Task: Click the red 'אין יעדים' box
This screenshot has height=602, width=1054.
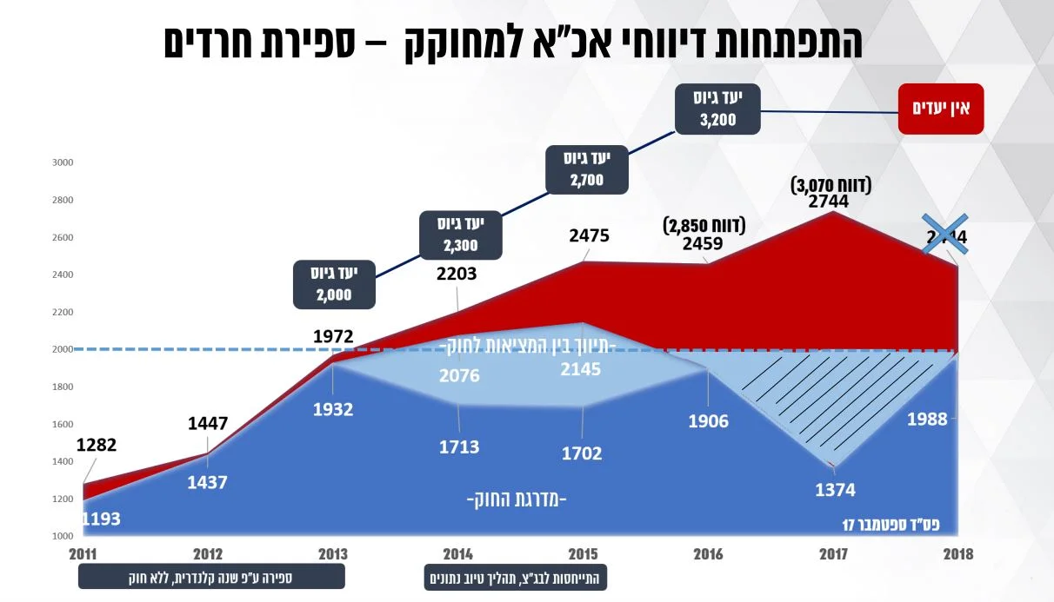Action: pos(941,109)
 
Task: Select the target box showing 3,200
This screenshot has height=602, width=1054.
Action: pos(717,109)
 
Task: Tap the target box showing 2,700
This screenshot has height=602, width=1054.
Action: pos(588,169)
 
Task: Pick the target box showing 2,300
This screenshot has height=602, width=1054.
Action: pos(460,234)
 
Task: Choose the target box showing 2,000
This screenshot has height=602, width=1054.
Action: pos(335,283)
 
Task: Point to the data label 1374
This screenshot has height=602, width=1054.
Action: pos(835,491)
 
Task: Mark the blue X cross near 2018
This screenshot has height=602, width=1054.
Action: pos(944,235)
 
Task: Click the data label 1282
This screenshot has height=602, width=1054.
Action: pos(96,446)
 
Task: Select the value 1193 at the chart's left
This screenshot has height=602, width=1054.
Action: pos(101,519)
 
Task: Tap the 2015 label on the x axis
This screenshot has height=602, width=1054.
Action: pos(583,554)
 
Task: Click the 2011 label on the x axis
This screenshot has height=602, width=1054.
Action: pos(83,554)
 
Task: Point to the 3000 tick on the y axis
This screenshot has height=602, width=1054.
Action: pos(63,162)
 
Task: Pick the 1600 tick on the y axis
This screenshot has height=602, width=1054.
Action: pos(63,425)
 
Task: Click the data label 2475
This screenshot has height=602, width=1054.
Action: pos(590,235)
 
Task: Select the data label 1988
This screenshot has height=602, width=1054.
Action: pos(927,420)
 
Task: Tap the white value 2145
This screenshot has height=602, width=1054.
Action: pos(580,369)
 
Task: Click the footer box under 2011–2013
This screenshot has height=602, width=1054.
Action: pos(211,577)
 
